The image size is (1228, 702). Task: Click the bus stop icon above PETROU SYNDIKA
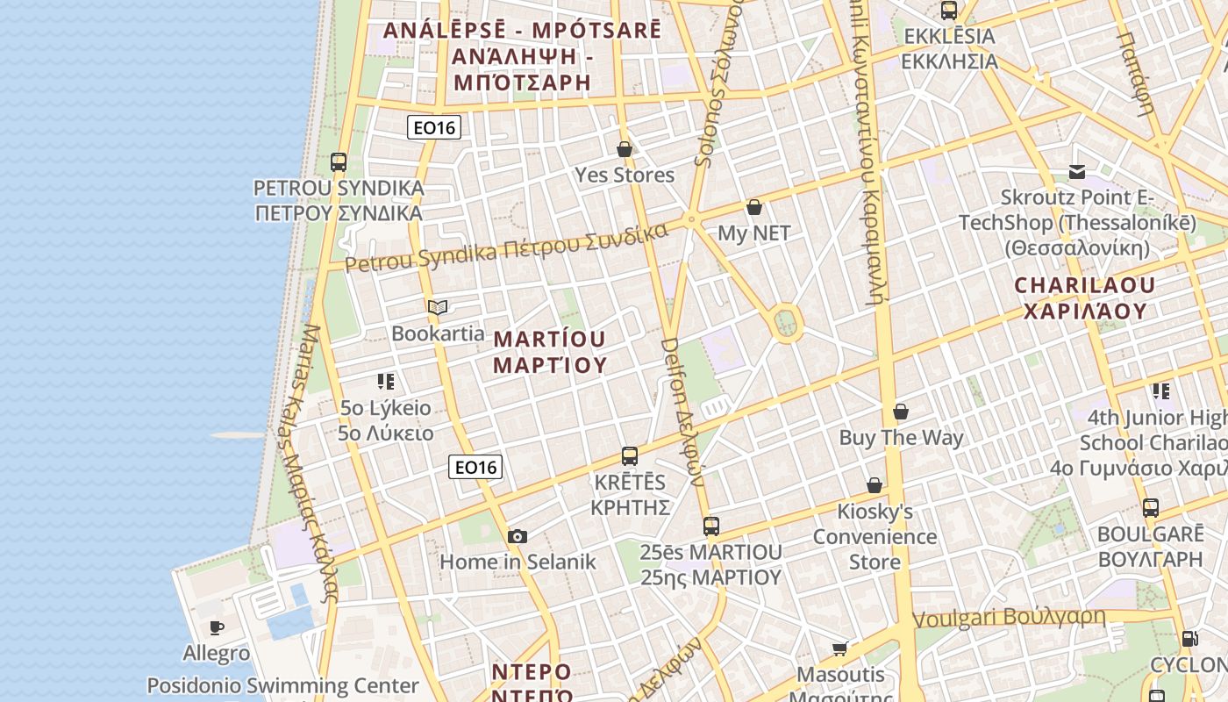click(339, 162)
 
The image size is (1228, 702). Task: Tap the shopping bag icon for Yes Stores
click(625, 149)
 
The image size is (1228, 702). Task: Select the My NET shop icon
click(754, 207)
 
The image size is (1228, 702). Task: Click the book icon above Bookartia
click(438, 307)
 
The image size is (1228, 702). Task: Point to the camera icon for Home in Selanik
click(518, 536)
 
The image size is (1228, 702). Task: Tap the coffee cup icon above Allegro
click(217, 627)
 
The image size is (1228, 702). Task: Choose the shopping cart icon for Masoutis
click(840, 648)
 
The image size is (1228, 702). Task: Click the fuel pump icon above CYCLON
click(1189, 639)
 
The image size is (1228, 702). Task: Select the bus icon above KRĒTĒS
click(630, 456)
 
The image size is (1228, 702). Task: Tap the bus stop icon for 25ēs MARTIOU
click(711, 526)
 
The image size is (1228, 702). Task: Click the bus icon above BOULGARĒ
click(1151, 508)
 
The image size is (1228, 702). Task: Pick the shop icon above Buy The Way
click(901, 412)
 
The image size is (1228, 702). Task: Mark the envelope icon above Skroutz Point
click(1077, 171)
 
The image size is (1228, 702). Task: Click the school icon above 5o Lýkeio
click(386, 382)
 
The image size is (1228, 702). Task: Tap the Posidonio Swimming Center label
click(282, 685)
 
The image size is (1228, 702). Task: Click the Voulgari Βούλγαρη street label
click(1009, 618)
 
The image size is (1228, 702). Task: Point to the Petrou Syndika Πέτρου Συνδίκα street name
click(506, 248)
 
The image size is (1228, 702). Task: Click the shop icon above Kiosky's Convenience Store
click(875, 485)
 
